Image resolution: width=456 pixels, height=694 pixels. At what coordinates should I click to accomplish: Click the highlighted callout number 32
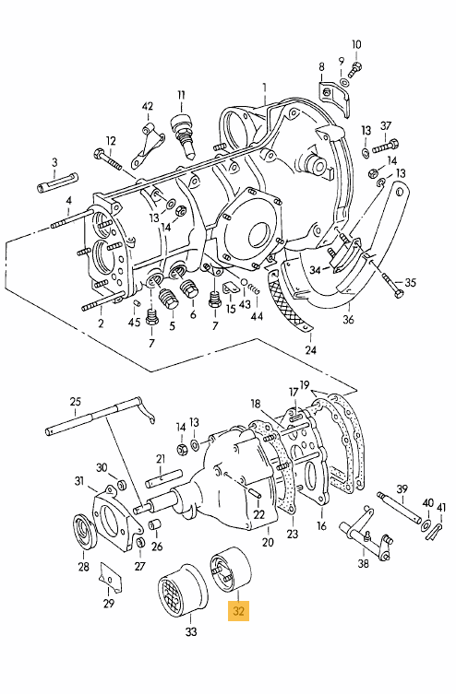[x=238, y=611]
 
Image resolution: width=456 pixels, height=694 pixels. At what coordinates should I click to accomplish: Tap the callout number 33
[x=190, y=632]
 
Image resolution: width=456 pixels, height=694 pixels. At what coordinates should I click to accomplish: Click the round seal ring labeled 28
[x=84, y=531]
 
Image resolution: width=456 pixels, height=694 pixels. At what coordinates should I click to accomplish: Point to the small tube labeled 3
[x=57, y=182]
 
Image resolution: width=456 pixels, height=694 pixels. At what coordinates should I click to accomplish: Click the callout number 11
[x=181, y=95]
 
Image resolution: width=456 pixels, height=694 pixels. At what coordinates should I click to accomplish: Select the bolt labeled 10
[x=355, y=68]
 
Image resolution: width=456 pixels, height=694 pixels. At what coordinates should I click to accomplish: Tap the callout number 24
[x=311, y=349]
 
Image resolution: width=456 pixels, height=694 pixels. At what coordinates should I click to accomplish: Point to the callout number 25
[x=76, y=402]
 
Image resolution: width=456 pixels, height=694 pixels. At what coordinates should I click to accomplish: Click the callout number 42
[x=148, y=106]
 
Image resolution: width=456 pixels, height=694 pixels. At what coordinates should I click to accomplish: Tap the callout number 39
[x=402, y=489]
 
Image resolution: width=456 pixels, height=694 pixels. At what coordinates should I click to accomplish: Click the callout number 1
[x=265, y=88]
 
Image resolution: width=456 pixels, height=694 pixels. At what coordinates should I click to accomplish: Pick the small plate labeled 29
[x=110, y=576]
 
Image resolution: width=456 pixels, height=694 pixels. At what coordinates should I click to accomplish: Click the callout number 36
[x=348, y=319]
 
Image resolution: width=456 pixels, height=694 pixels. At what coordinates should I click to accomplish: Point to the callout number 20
[x=268, y=542]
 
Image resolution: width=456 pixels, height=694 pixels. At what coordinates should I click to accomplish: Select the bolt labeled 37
[x=385, y=147]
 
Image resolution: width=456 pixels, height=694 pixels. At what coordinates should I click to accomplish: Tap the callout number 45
[x=134, y=322]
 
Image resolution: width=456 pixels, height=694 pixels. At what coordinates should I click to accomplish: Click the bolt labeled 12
[x=108, y=159]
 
